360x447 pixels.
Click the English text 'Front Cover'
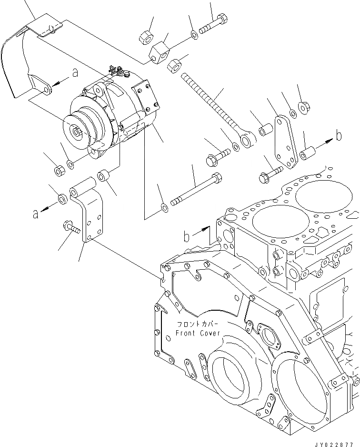tap(198, 333)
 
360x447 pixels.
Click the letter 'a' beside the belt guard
tap(74, 73)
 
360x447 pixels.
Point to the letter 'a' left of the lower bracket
tap(35, 214)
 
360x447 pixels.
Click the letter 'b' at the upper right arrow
tap(339, 136)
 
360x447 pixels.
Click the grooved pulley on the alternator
tap(81, 128)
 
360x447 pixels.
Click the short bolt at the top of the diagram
tap(213, 24)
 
